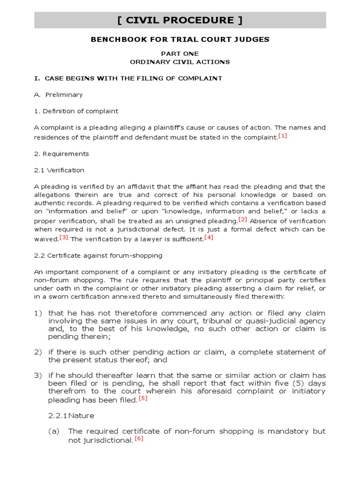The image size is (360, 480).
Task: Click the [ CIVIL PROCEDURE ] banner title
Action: (x=180, y=20)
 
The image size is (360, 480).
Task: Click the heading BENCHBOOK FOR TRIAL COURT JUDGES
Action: (x=180, y=39)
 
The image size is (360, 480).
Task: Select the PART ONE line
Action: (x=180, y=53)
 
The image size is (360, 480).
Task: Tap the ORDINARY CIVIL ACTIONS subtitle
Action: (x=180, y=61)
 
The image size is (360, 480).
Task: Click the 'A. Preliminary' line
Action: (x=58, y=95)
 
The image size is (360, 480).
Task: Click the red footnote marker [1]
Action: (x=282, y=136)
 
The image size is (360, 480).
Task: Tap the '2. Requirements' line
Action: (x=61, y=154)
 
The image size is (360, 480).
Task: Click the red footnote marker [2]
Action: (x=242, y=219)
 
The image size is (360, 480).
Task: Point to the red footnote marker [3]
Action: (x=64, y=237)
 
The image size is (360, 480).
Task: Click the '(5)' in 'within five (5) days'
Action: (x=291, y=383)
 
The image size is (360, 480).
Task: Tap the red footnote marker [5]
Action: (x=143, y=398)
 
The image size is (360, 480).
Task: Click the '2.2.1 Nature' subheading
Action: (x=71, y=415)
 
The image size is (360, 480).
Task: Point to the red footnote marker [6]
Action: (x=139, y=439)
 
